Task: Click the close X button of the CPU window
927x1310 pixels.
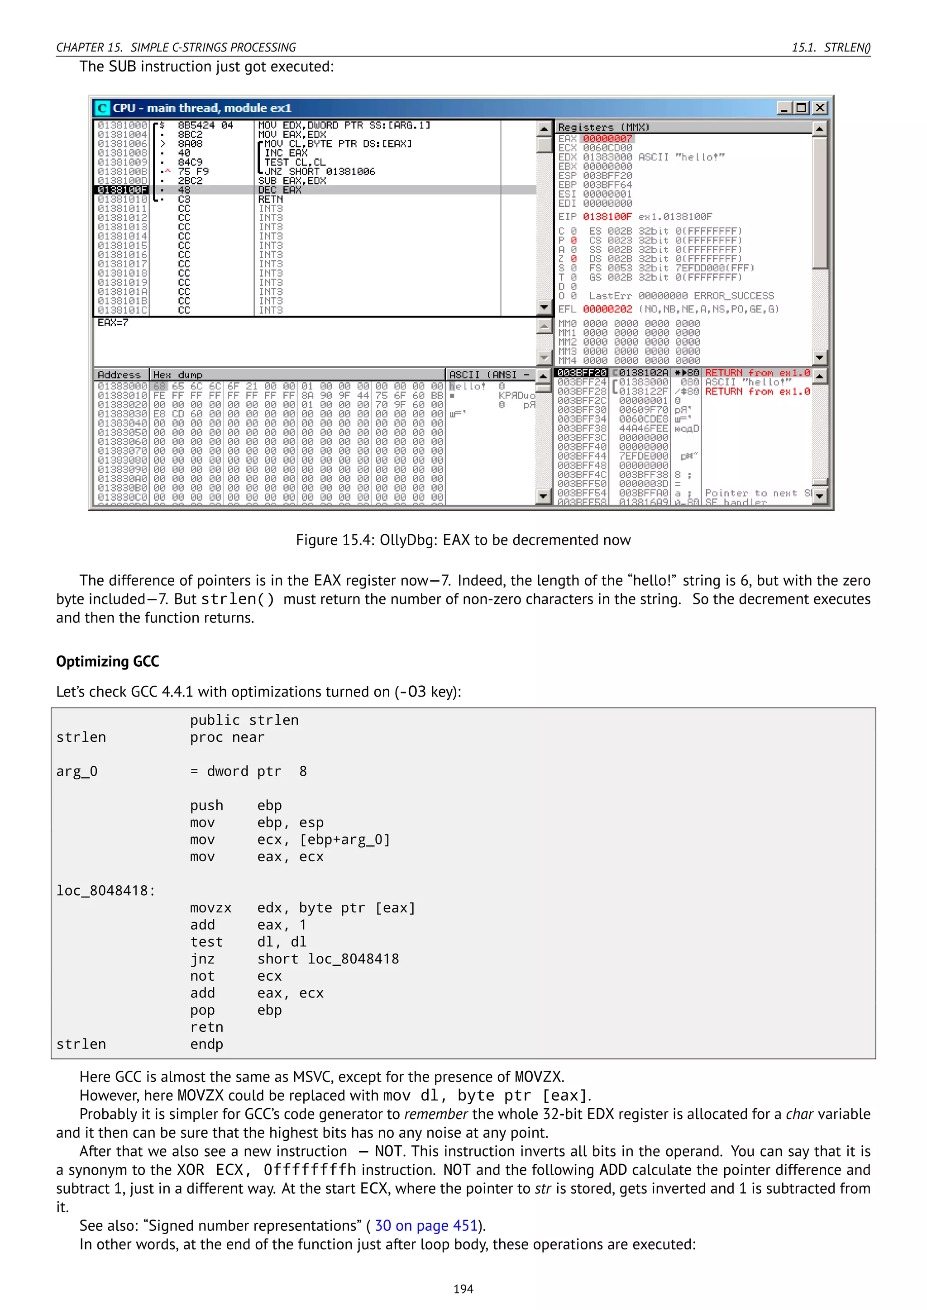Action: click(x=820, y=108)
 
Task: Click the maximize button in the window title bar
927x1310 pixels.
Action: click(x=802, y=108)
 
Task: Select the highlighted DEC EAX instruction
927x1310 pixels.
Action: click(x=280, y=190)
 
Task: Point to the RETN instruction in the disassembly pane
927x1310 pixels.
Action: click(x=271, y=199)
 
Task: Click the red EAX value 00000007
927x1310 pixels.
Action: click(x=607, y=139)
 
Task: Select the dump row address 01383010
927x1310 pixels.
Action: click(x=122, y=395)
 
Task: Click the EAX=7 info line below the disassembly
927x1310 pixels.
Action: click(x=113, y=323)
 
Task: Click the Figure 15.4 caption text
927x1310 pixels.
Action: click(x=463, y=540)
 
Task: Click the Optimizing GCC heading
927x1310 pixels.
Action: click(x=107, y=661)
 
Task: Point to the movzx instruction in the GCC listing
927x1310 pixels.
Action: click(x=210, y=908)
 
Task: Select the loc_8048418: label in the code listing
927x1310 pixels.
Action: click(x=105, y=891)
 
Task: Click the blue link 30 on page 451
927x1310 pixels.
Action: click(x=426, y=1225)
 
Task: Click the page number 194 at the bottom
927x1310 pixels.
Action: click(x=463, y=1289)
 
